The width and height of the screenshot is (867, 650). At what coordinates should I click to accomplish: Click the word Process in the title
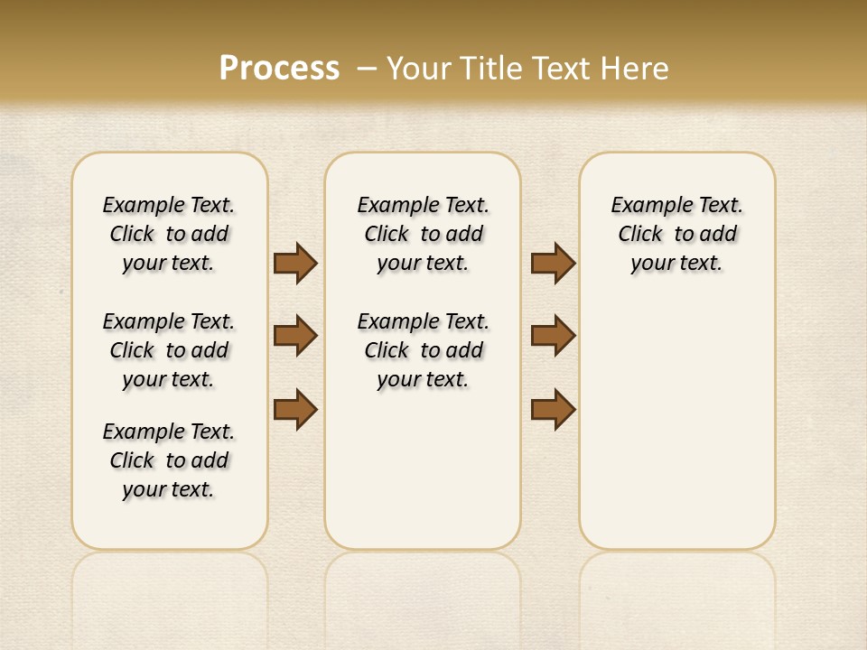(279, 68)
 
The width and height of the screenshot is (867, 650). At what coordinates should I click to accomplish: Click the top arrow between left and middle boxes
(295, 263)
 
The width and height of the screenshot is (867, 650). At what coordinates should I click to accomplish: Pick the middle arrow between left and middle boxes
(295, 336)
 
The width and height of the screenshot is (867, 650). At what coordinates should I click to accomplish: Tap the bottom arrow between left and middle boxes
(295, 409)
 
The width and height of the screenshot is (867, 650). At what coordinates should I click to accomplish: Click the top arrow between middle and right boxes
(553, 263)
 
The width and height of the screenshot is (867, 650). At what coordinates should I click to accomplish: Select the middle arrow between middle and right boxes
(553, 336)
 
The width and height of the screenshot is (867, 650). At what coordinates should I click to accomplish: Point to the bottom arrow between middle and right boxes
(553, 409)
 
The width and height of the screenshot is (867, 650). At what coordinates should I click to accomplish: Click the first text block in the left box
(169, 234)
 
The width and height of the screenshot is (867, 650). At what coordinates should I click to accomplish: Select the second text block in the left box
(169, 350)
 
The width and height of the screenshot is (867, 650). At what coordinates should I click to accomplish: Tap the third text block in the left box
(169, 460)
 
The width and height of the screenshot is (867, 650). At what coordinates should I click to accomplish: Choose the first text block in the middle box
(424, 234)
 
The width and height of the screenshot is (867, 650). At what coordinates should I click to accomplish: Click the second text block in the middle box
(424, 350)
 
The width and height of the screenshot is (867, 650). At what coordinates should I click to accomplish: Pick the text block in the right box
(677, 234)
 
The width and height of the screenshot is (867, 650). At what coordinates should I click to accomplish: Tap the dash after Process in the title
(367, 68)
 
